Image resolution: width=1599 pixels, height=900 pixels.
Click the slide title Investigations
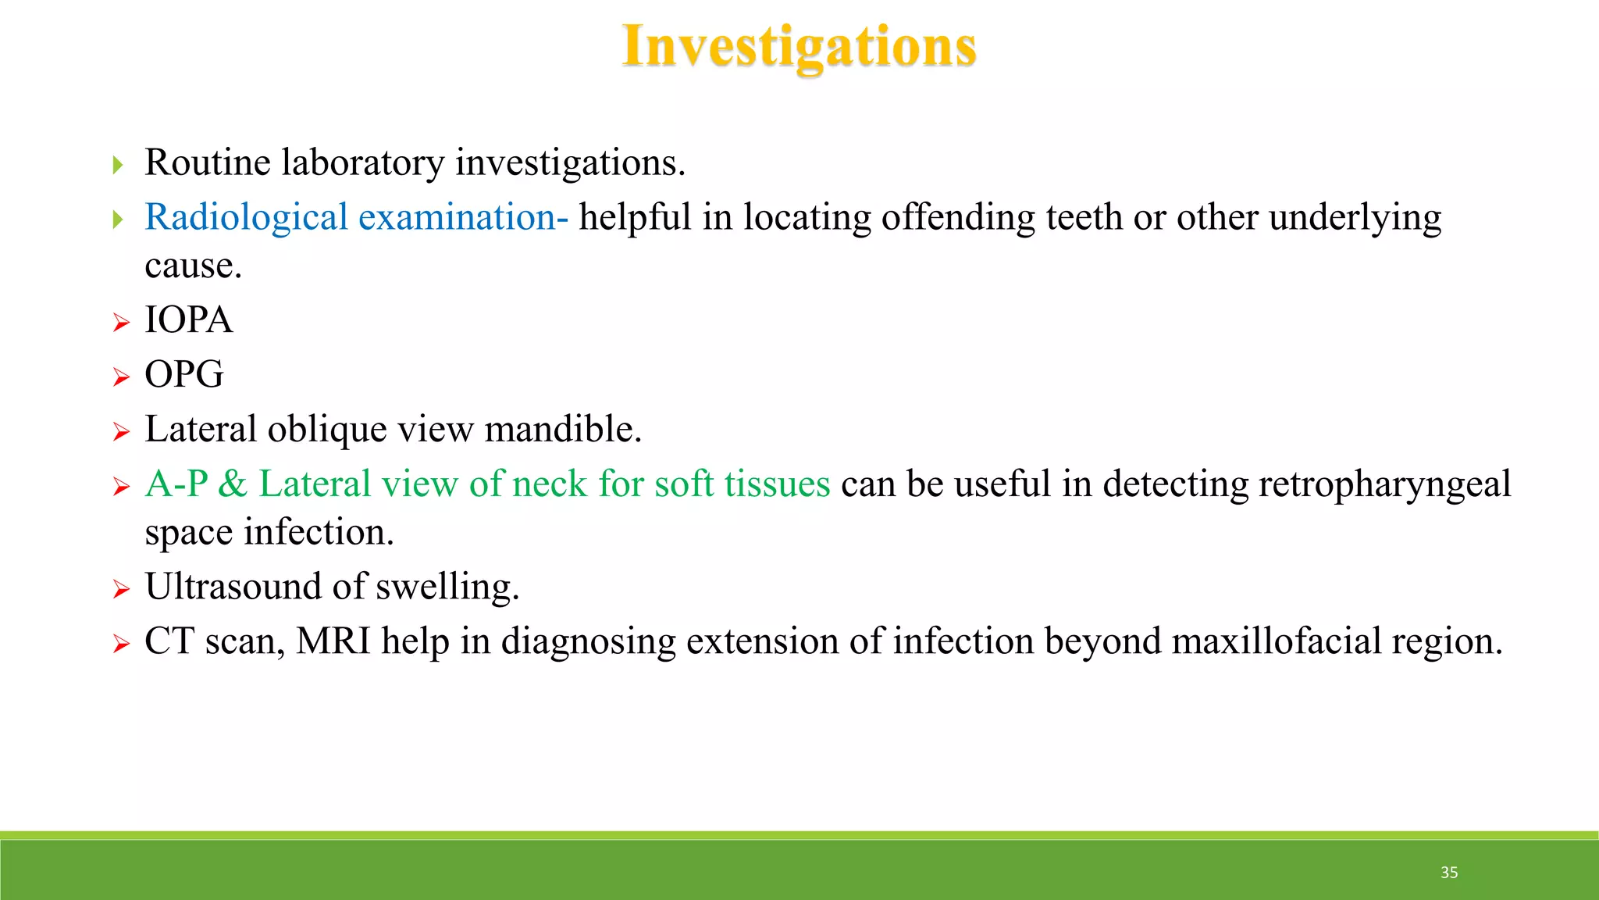click(x=799, y=47)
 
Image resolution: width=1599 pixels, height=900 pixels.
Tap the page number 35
click(x=1449, y=873)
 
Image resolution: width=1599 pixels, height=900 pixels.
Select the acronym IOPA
click(x=188, y=320)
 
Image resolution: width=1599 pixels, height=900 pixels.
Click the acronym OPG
click(x=184, y=375)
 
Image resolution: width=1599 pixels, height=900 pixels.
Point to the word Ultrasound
click(x=233, y=587)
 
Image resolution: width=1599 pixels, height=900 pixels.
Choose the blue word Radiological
click(x=246, y=217)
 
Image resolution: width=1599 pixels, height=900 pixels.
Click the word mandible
click(x=562, y=430)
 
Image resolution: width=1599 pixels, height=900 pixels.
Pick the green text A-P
click(x=176, y=484)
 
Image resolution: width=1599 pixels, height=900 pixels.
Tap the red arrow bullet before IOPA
click(x=120, y=323)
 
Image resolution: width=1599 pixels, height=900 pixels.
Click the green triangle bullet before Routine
click(x=118, y=165)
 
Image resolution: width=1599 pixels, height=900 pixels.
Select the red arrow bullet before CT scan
click(x=120, y=644)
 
